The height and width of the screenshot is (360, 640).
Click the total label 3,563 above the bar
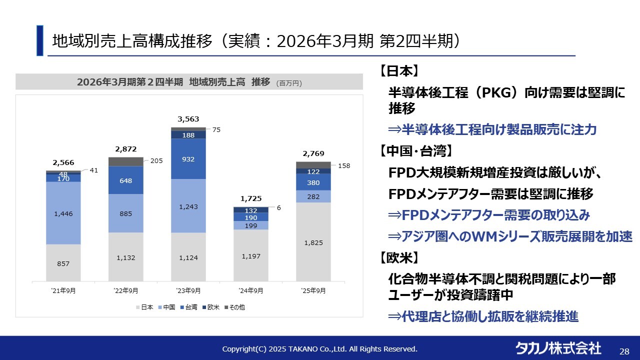click(x=188, y=119)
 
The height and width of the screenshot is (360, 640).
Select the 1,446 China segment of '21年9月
click(x=63, y=213)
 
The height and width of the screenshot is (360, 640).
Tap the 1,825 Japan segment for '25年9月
click(x=313, y=242)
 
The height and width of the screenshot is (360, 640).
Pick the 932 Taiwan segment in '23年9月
click(x=188, y=159)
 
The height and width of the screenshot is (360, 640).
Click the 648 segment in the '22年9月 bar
click(x=126, y=180)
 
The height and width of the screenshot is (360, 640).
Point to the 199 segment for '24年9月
click(x=251, y=226)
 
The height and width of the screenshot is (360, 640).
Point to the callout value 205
click(x=156, y=161)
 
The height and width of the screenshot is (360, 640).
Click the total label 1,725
click(x=251, y=198)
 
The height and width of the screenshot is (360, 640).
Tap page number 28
click(x=624, y=351)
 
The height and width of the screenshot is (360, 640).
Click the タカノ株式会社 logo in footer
click(x=558, y=348)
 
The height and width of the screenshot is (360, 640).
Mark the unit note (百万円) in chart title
click(x=289, y=83)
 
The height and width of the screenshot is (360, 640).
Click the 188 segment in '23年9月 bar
click(x=188, y=135)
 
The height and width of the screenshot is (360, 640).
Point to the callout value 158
click(x=343, y=165)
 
